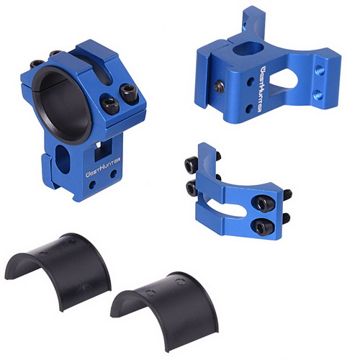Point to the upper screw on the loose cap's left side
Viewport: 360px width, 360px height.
point(189,166)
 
